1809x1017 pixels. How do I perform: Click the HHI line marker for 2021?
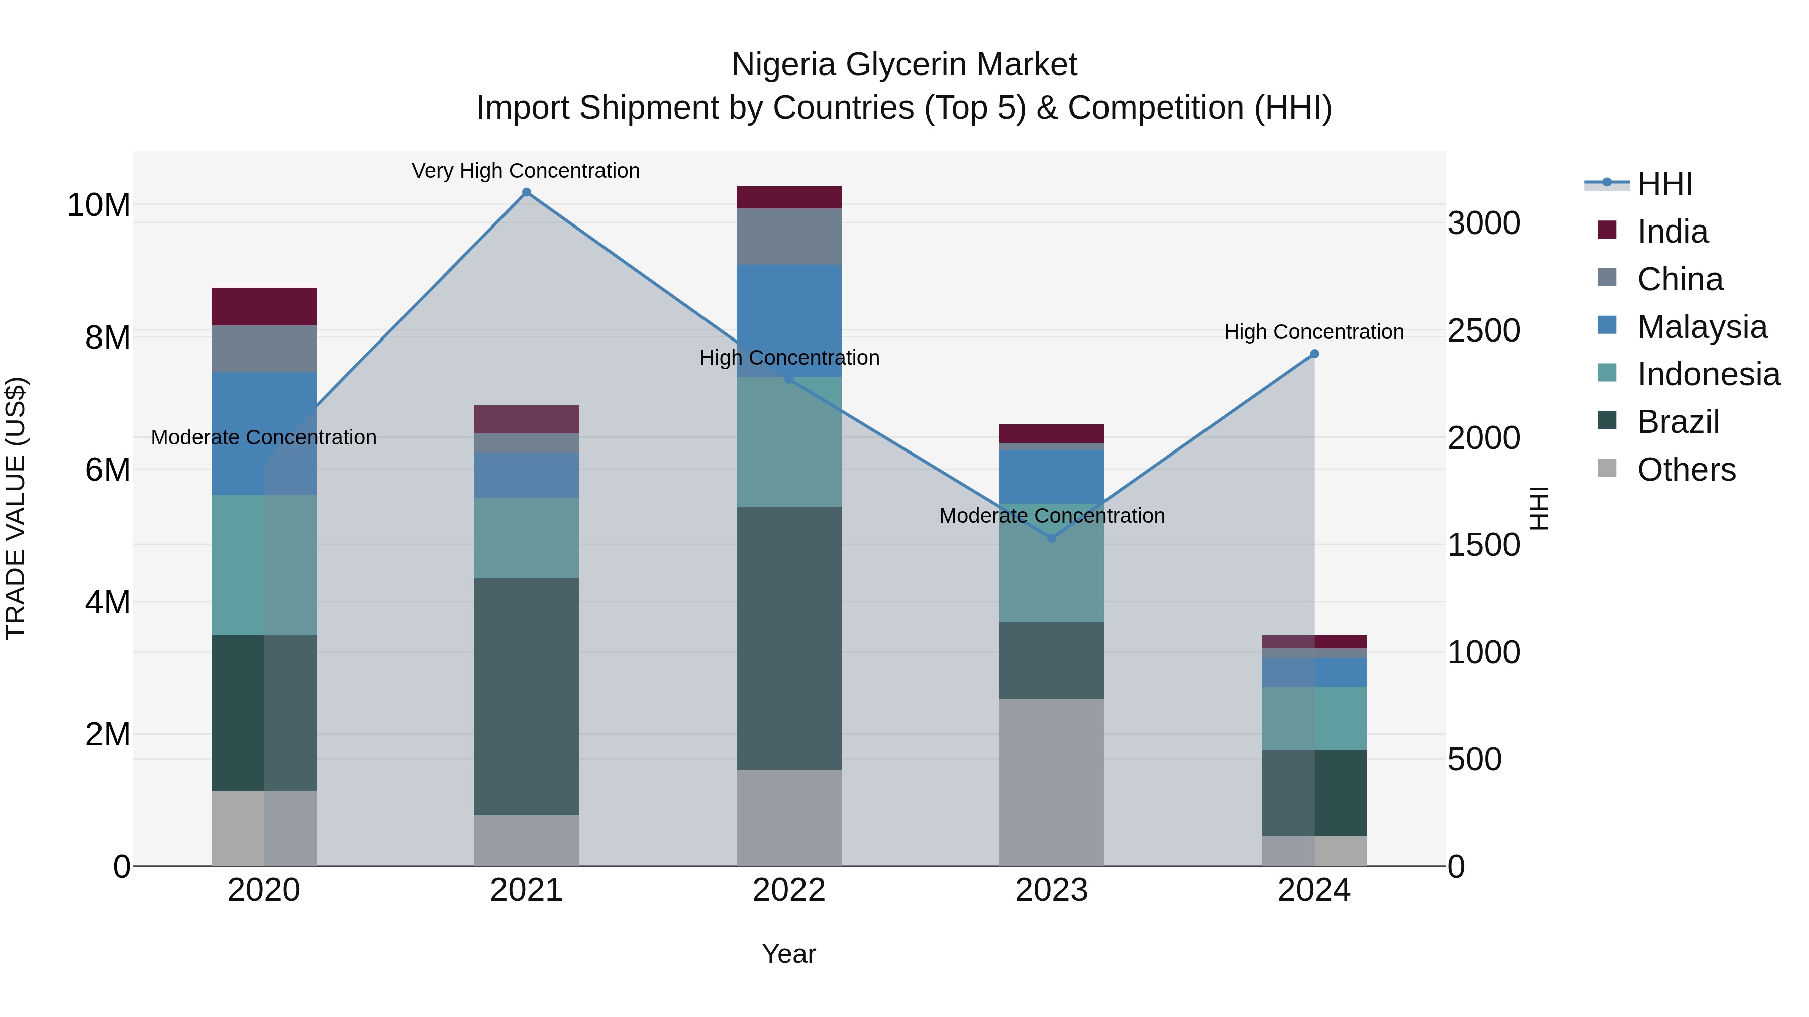tap(526, 192)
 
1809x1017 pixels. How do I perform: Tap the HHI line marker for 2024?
tap(1314, 354)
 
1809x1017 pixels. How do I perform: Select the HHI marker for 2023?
tap(1051, 538)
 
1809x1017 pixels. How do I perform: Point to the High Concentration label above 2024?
tap(1314, 332)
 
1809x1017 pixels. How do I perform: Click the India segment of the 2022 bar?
tap(788, 197)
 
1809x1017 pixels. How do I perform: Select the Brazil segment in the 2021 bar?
tap(526, 696)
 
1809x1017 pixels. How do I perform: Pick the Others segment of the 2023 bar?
tap(1051, 782)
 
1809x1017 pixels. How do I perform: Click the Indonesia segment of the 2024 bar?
tap(1314, 718)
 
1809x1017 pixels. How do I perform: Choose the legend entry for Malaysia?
tap(1701, 327)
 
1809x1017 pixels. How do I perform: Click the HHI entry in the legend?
tap(1664, 184)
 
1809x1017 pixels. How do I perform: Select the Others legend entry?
tap(1685, 470)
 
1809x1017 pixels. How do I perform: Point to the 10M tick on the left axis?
tap(98, 205)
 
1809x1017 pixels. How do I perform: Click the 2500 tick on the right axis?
tap(1483, 330)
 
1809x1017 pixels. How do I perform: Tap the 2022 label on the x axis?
tap(788, 890)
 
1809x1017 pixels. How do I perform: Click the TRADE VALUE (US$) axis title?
tap(16, 508)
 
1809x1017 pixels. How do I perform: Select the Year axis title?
tap(788, 954)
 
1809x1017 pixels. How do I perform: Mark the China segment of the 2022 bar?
tap(788, 237)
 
